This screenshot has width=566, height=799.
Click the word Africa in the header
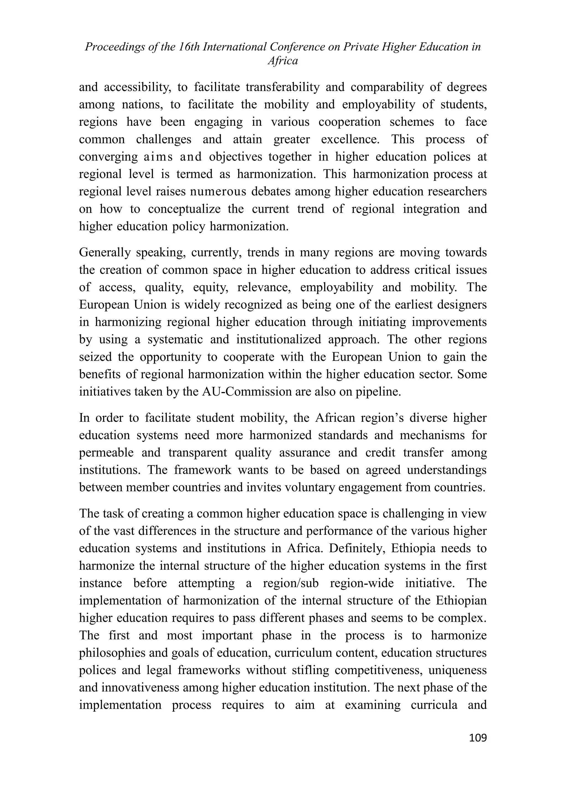click(283, 61)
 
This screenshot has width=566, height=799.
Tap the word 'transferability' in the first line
click(282, 87)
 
